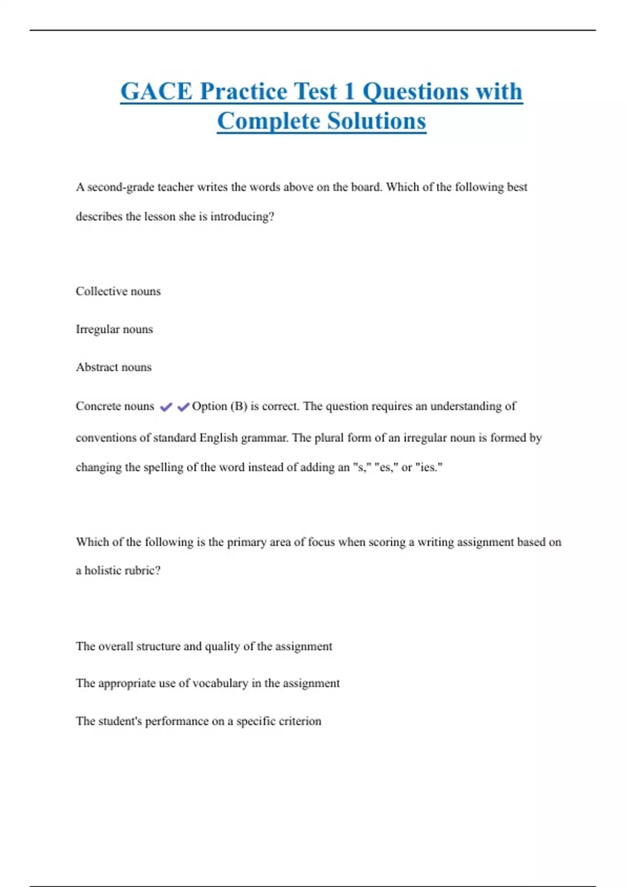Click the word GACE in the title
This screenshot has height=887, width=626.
[156, 91]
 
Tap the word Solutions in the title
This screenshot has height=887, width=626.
[377, 121]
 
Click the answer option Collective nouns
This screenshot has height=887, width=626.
[118, 291]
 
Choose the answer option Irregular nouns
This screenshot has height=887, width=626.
[114, 329]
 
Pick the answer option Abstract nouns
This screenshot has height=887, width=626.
[114, 367]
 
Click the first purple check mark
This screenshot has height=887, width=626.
[166, 407]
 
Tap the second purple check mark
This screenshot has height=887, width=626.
[183, 407]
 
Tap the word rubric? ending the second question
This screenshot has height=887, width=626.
[143, 570]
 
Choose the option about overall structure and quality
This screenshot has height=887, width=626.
[204, 646]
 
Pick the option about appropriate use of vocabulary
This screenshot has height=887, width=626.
[208, 684]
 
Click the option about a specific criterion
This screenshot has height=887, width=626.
[198, 721]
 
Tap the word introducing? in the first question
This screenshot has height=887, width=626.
[242, 217]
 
